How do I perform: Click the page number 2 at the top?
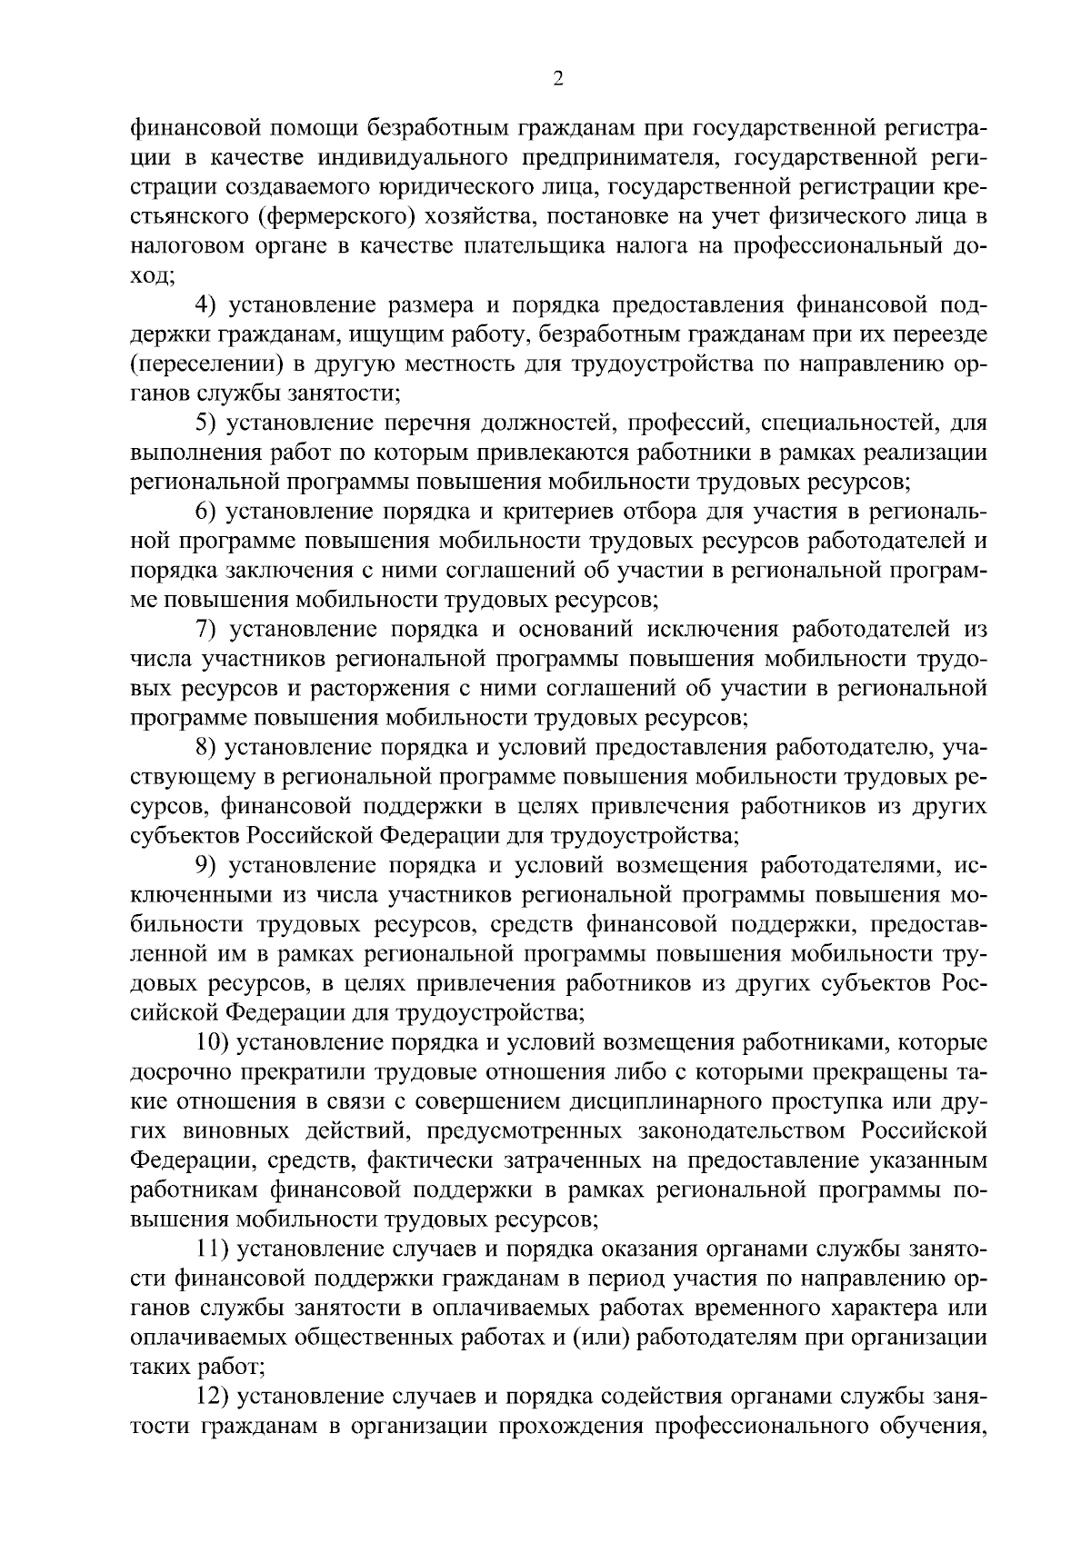(558, 80)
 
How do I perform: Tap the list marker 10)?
(214, 1042)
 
